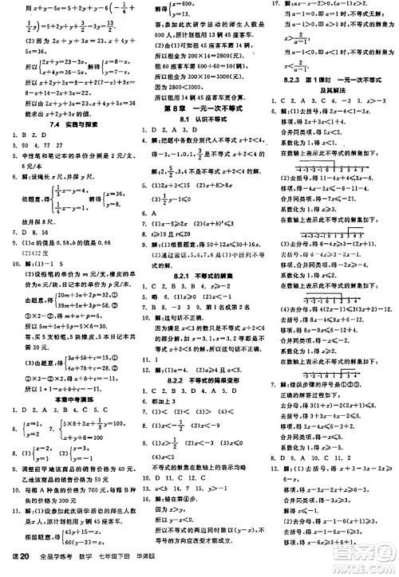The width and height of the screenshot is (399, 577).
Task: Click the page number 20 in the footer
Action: [25, 555]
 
